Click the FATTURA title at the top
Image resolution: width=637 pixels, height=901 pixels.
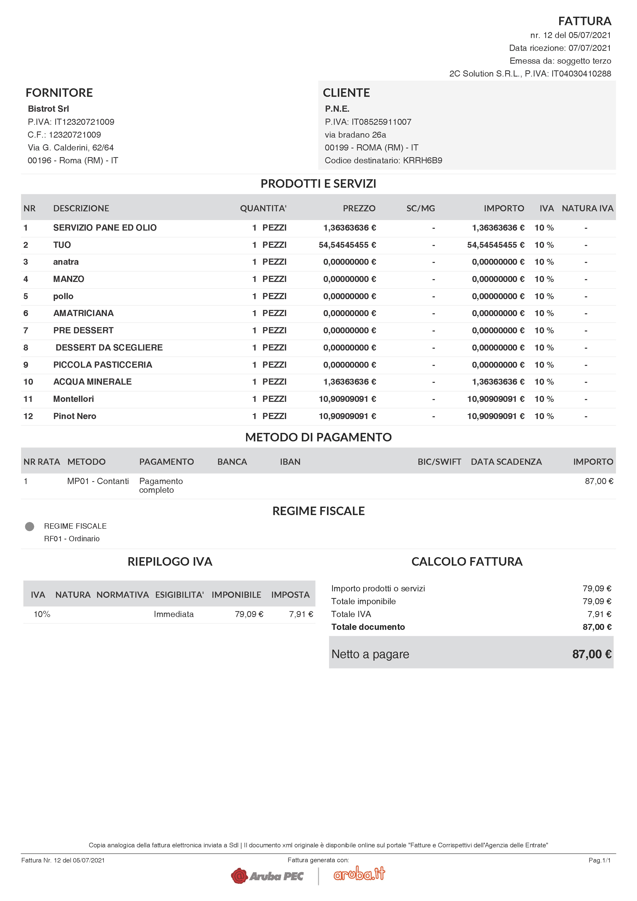tap(584, 21)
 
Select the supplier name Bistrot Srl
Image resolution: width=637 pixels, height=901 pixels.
tap(48, 109)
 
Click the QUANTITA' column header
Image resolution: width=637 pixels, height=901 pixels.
tap(263, 208)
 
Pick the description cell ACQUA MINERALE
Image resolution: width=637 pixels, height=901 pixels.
tap(92, 382)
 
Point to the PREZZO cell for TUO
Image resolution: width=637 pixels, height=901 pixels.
tap(347, 245)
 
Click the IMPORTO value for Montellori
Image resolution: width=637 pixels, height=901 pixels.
tap(495, 399)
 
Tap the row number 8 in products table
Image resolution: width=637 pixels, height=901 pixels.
tap(26, 348)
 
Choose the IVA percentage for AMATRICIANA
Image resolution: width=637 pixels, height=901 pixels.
tap(544, 313)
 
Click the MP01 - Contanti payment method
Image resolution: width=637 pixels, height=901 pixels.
tap(98, 481)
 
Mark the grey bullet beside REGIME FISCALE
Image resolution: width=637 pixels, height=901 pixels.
tap(30, 526)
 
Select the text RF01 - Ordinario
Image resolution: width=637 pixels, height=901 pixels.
tap(72, 539)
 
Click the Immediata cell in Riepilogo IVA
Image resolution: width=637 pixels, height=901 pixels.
tap(173, 614)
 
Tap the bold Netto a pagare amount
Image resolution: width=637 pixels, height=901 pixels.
tap(592, 654)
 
